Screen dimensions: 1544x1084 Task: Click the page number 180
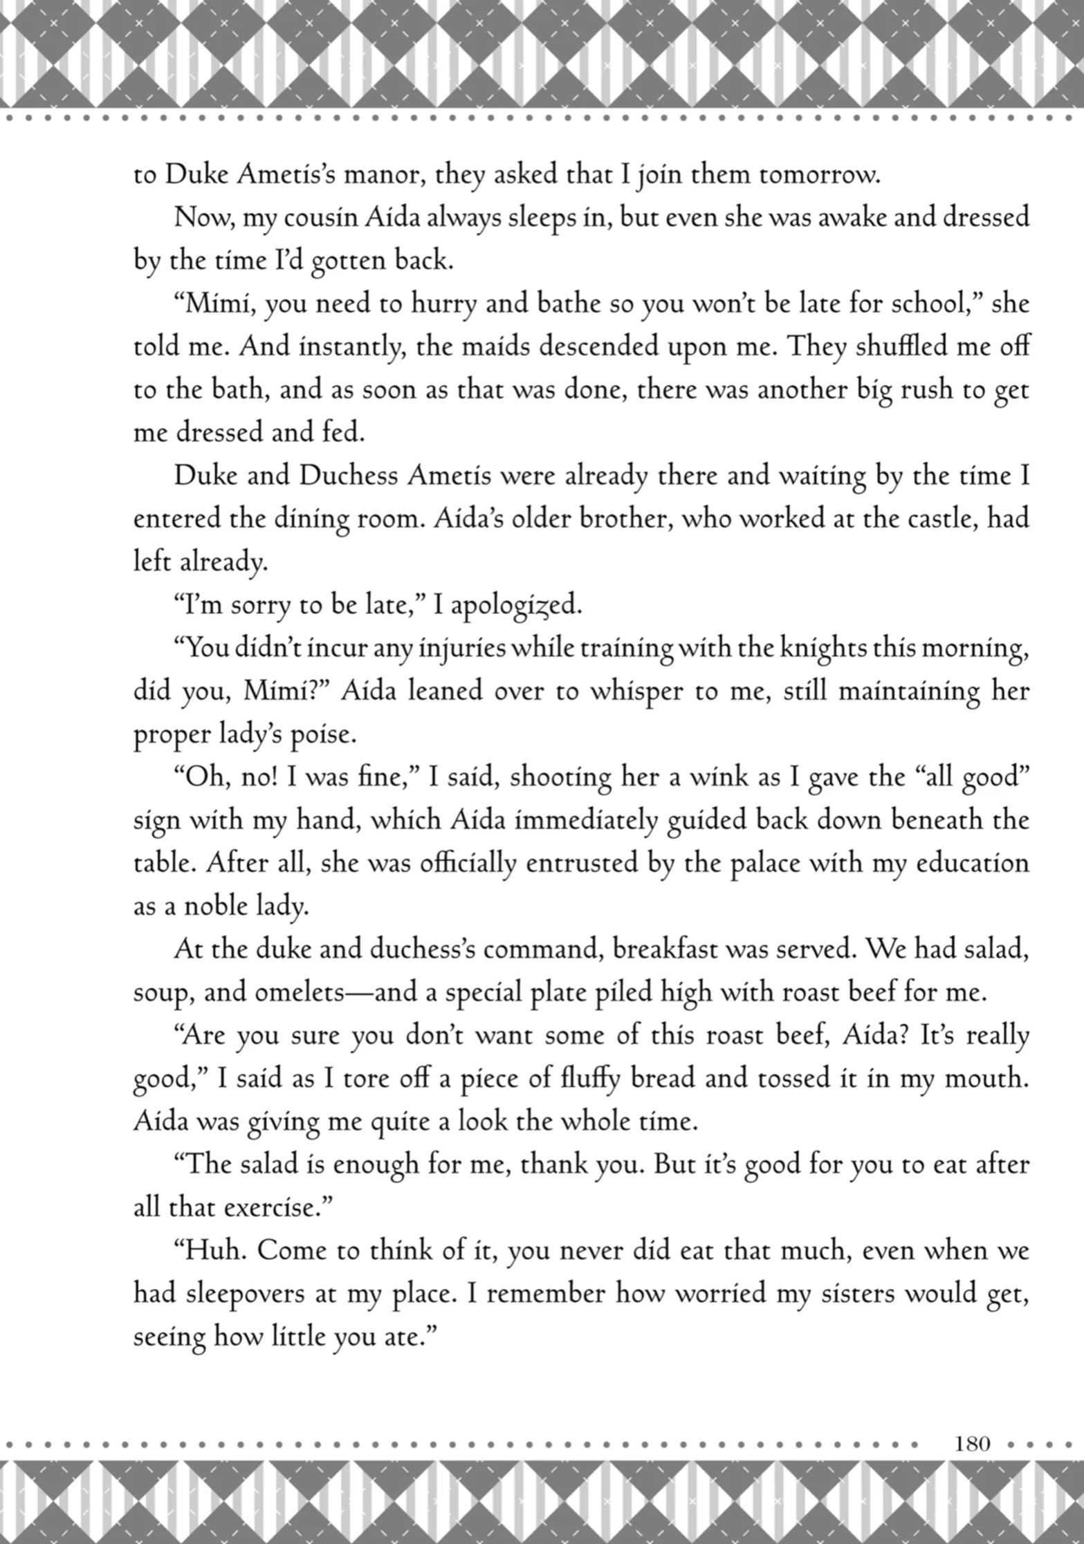pos(973,1443)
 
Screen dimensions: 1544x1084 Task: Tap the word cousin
pos(320,218)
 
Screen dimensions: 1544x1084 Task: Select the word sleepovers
pos(244,1293)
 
